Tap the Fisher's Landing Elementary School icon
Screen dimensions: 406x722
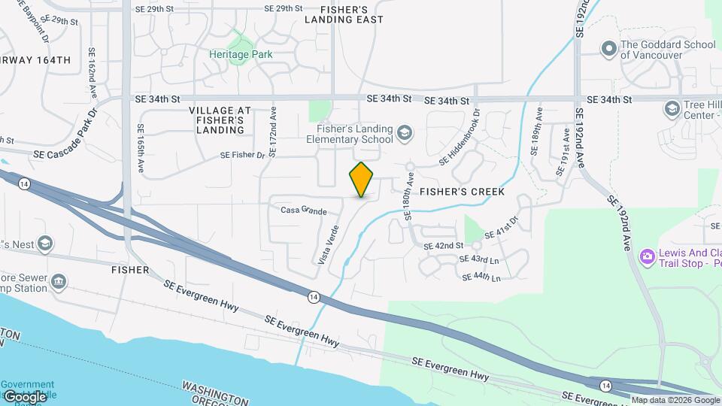[405, 133]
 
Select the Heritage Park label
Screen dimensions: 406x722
[241, 54]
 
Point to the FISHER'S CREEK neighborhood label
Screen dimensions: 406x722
[462, 192]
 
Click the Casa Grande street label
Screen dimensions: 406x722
[303, 211]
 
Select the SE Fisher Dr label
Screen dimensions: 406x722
[243, 155]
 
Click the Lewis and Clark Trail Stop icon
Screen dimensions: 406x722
[646, 258]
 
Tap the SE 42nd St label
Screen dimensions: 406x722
[443, 246]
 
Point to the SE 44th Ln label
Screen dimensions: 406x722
[482, 277]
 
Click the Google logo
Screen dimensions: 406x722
[24, 397]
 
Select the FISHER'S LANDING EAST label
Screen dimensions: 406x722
[344, 14]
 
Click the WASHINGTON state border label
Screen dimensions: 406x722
[215, 392]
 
